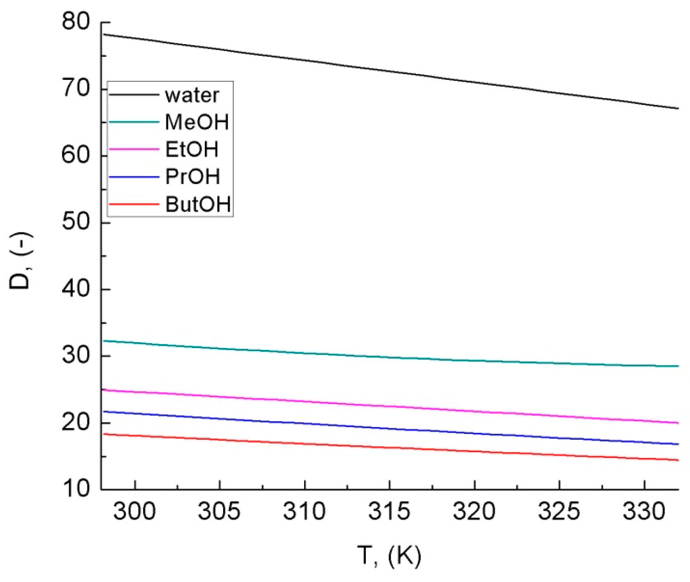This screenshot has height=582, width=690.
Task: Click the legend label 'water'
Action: [x=192, y=95]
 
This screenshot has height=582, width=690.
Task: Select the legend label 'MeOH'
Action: [x=197, y=122]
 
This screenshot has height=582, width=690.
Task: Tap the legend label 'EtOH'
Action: [x=192, y=150]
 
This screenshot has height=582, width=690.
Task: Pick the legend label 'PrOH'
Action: [x=193, y=177]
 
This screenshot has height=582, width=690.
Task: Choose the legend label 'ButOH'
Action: [x=198, y=204]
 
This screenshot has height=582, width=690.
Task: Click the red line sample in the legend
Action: [x=134, y=204]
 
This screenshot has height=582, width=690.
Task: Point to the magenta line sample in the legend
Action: [x=134, y=149]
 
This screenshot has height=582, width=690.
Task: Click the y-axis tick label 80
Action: [x=76, y=21]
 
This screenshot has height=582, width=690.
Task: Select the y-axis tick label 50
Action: [x=76, y=222]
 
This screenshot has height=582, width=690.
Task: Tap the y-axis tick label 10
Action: [x=76, y=489]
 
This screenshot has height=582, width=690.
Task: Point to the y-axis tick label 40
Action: [x=76, y=289]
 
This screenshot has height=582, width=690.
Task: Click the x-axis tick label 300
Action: [x=134, y=511]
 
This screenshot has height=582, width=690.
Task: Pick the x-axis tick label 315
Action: [x=389, y=511]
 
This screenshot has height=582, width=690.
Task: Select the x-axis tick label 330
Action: [x=644, y=511]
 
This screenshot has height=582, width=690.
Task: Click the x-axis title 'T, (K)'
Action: [x=389, y=556]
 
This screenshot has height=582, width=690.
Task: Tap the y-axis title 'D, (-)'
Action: [x=20, y=261]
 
